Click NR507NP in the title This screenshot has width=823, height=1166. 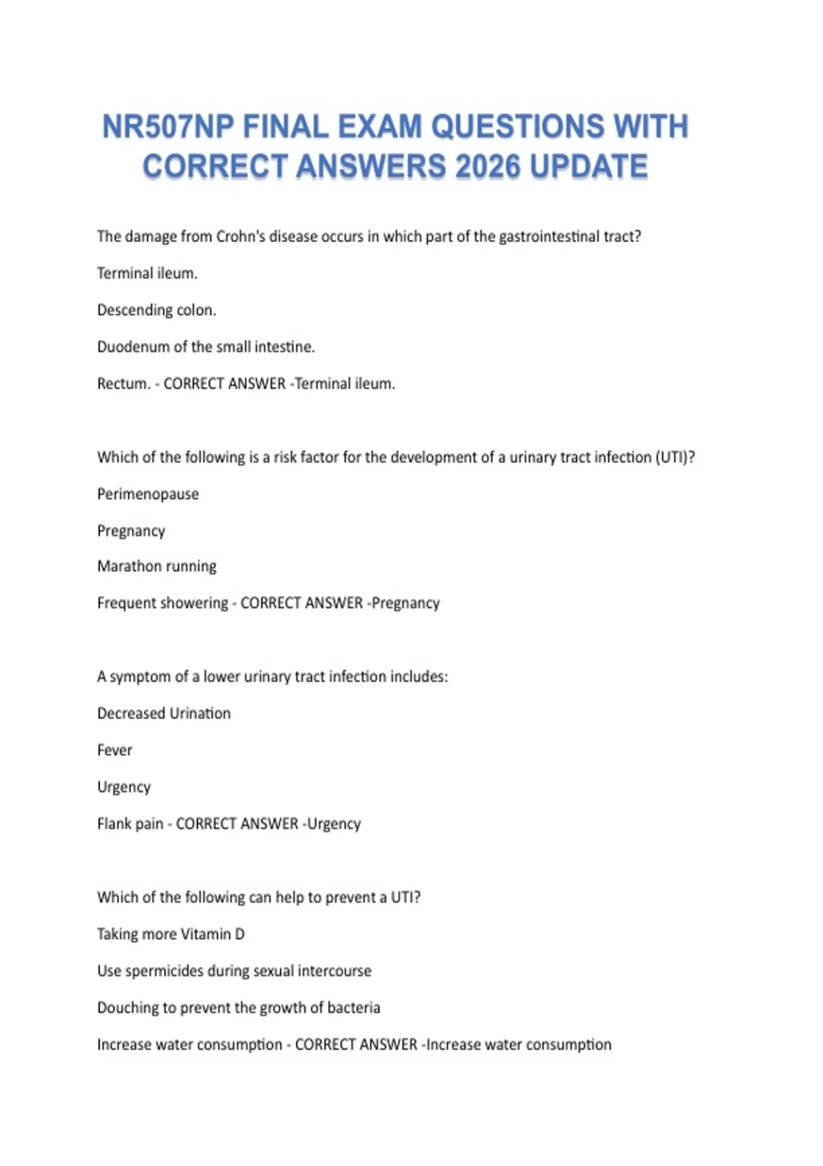coord(168,127)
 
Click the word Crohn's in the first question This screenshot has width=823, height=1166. coord(241,237)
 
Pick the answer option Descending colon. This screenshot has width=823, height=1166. coord(156,310)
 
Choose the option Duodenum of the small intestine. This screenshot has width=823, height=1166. coord(206,347)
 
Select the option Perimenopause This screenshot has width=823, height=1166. coord(147,495)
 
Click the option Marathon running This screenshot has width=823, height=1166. coord(156,567)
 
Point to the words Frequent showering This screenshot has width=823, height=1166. coord(163,603)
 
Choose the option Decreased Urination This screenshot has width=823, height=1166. coord(164,713)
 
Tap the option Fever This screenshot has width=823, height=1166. coord(115,750)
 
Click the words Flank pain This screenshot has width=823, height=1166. coord(130,824)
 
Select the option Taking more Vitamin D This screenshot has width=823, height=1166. coord(171,934)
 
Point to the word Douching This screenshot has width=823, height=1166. coord(128,1008)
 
